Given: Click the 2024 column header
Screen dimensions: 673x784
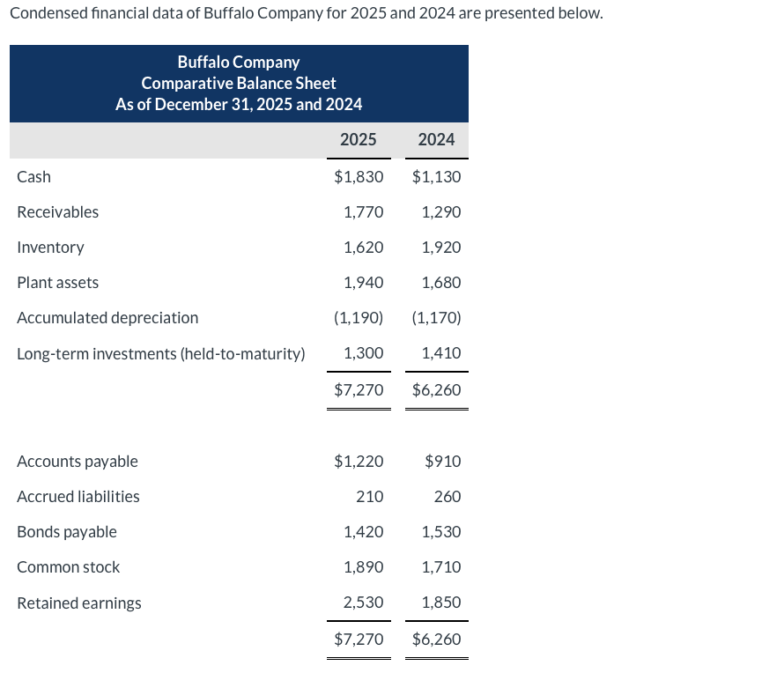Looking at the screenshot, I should click(x=436, y=139).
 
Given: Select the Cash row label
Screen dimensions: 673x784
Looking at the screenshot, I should click(x=34, y=177).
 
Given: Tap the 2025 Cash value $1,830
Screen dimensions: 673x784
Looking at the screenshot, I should click(x=359, y=177).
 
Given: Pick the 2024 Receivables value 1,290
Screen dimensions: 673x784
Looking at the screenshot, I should click(x=441, y=212).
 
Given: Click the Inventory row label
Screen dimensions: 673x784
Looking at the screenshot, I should click(x=51, y=248).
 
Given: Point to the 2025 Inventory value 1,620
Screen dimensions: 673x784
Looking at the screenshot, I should click(x=363, y=248).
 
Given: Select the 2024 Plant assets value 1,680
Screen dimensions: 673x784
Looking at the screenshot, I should click(x=441, y=283).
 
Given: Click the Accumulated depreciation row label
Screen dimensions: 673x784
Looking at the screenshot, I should click(x=107, y=318).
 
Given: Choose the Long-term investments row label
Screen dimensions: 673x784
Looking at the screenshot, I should click(x=161, y=354).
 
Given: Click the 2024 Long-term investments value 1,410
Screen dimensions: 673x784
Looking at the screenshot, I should click(x=441, y=354).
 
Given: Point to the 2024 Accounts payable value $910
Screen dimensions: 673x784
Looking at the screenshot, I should click(x=442, y=462).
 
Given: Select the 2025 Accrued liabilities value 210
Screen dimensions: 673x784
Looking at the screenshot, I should click(x=370, y=497).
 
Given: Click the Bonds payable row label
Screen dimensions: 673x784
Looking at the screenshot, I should click(x=67, y=532).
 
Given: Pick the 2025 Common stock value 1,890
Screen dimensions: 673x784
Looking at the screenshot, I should click(x=363, y=567).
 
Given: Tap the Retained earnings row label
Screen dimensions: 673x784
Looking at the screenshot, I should click(x=79, y=603).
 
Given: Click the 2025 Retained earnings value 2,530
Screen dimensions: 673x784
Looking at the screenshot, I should click(x=363, y=603).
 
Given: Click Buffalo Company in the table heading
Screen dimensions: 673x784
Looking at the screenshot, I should click(x=239, y=63).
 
